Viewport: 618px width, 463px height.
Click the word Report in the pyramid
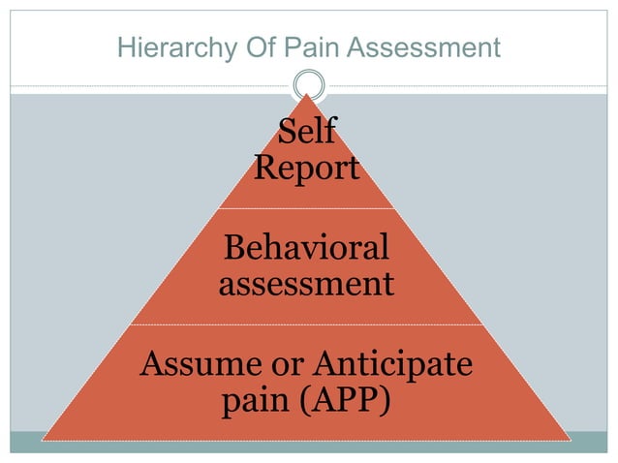click(x=306, y=169)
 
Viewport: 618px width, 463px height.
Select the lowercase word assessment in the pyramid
click(x=306, y=284)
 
